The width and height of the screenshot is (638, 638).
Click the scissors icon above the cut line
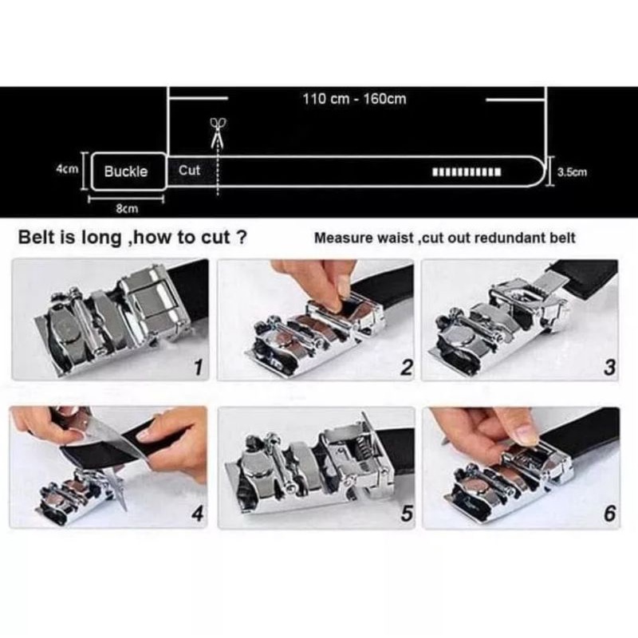click(218, 132)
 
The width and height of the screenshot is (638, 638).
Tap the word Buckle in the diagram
click(126, 171)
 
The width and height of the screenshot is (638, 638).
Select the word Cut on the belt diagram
click(189, 170)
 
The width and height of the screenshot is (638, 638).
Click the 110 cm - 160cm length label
click(354, 99)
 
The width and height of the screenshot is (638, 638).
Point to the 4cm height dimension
click(68, 169)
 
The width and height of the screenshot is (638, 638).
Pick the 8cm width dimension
click(127, 209)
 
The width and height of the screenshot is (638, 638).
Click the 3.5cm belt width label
click(572, 172)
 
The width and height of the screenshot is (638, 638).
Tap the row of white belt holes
click(467, 172)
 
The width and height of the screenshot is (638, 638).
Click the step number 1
click(198, 368)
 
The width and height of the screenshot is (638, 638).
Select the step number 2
click(407, 368)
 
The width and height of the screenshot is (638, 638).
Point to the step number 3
click(609, 368)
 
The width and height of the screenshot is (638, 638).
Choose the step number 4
click(197, 514)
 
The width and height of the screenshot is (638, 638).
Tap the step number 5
click(407, 514)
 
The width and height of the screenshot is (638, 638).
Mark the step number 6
click(609, 514)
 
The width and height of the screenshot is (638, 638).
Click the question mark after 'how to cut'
click(242, 237)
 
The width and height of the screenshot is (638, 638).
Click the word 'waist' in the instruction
click(396, 238)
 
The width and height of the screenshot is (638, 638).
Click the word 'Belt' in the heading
click(37, 237)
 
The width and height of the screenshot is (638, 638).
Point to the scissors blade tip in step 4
click(125, 509)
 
